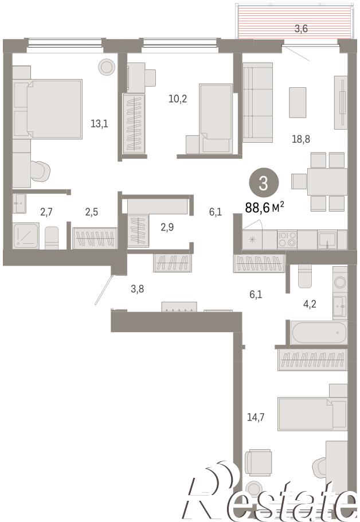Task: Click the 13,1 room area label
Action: point(99,124)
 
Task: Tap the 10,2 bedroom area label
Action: point(178,99)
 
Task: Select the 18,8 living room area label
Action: point(301,139)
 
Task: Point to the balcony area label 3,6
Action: point(301,29)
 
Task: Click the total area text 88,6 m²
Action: point(264,208)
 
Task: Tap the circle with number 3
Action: point(264,184)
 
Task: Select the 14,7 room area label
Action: point(256,417)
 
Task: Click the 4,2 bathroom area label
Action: point(310,303)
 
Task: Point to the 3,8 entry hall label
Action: point(137,289)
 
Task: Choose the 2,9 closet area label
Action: point(167,227)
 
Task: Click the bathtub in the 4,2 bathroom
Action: point(318,332)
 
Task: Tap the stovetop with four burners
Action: point(287,239)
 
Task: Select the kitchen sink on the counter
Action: point(327,239)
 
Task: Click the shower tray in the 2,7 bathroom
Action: point(26,236)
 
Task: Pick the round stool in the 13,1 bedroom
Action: point(107,67)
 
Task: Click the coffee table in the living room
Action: point(298,102)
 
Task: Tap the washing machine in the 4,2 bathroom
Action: point(340,282)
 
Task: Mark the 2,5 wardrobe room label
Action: point(91,212)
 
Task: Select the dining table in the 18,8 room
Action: point(327,181)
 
